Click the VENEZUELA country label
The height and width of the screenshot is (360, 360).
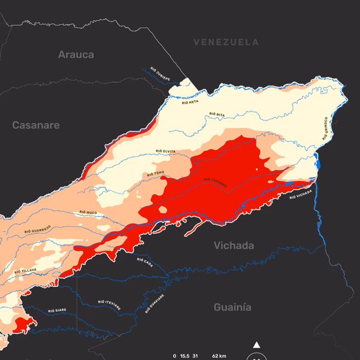click(226, 42)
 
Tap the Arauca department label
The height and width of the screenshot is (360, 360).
click(76, 55)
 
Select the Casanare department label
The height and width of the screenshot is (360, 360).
click(36, 125)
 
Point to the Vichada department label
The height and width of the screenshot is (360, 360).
click(234, 246)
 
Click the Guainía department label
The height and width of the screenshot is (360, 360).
click(232, 307)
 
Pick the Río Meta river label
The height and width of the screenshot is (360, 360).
click(190, 102)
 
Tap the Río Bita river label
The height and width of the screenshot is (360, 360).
click(217, 114)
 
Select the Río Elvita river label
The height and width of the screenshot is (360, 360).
click(166, 151)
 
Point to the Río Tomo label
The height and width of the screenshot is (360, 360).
click(155, 174)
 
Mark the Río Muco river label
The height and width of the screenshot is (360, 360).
click(88, 212)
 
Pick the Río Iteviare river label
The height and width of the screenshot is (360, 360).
click(110, 304)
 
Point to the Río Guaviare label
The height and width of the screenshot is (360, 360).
click(154, 303)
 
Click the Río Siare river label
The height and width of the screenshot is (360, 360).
click(57, 311)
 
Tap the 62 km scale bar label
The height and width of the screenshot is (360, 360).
click(219, 356)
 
